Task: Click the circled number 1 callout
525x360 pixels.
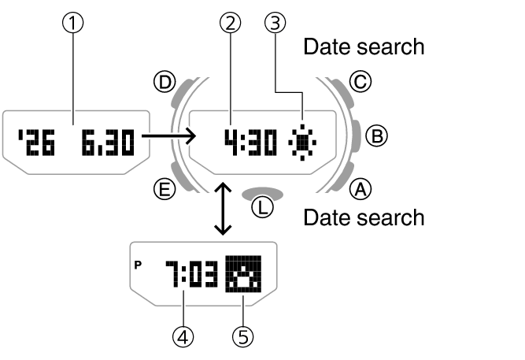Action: coord(74,24)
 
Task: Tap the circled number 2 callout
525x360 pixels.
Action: coord(230,24)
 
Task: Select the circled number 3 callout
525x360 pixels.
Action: coord(274,24)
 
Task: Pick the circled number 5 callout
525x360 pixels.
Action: coord(244,337)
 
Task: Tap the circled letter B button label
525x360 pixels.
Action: coord(378,136)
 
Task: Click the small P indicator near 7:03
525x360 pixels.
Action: coord(139,265)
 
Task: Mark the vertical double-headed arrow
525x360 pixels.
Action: coord(224,209)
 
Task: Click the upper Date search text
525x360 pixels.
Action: coord(364,47)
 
